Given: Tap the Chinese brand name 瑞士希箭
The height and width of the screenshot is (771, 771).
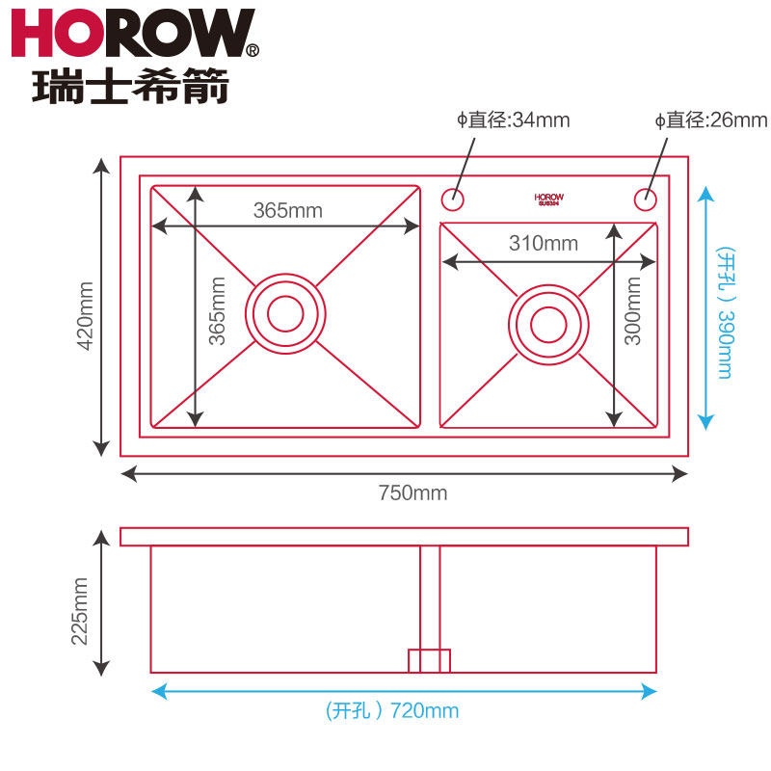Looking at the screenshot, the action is (x=131, y=86).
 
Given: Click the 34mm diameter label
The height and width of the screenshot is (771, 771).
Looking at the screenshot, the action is (x=514, y=120).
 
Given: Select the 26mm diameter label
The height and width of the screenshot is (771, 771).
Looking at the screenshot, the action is (x=711, y=120).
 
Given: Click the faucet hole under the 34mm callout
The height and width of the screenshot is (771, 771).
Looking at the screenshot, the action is (x=452, y=199).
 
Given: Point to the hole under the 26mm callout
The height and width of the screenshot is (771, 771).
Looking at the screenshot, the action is (x=644, y=199).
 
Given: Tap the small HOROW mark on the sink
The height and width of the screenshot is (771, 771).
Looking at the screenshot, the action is (x=549, y=199).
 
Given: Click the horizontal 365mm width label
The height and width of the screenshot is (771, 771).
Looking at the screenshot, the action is (x=287, y=209).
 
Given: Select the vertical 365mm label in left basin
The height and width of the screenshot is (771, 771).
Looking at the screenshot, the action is (x=218, y=310).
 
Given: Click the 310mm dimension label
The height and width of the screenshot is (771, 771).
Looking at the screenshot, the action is (x=544, y=244).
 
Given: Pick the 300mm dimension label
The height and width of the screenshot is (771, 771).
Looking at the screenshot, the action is (x=633, y=311).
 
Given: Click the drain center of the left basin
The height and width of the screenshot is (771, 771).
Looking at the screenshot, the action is (x=284, y=312).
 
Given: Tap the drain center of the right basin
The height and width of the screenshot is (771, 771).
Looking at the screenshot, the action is (x=548, y=324).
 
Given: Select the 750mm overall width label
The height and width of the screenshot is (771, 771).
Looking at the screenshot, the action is (x=412, y=493).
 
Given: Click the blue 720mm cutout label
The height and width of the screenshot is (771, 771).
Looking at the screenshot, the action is (x=392, y=712).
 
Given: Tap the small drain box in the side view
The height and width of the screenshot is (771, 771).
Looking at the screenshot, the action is (x=429, y=661).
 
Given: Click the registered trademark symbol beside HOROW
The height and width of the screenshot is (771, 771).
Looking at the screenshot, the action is (x=253, y=49).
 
